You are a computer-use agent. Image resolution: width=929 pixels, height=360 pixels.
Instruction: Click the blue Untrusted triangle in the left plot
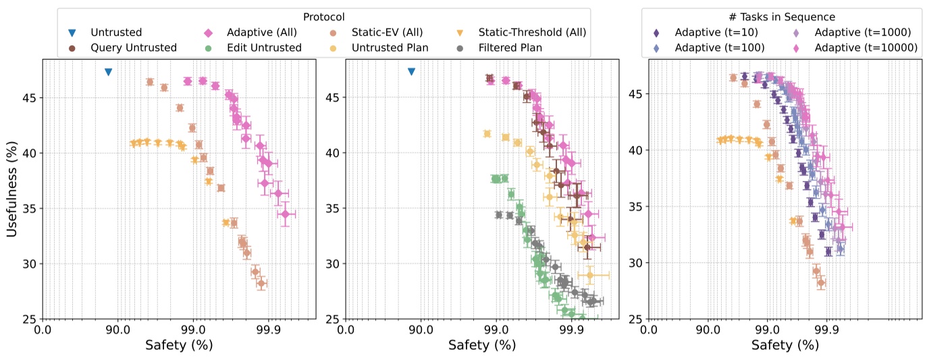(x=108, y=72)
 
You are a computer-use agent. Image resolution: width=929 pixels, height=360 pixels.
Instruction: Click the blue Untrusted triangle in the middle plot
(x=411, y=72)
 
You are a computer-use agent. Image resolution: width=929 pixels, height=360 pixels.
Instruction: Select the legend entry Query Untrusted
(x=124, y=48)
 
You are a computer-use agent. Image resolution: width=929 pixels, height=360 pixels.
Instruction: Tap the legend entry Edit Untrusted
(x=253, y=48)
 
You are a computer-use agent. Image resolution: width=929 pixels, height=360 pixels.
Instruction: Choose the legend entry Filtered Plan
(x=499, y=48)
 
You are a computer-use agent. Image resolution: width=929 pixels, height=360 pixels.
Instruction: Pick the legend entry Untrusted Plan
(x=379, y=48)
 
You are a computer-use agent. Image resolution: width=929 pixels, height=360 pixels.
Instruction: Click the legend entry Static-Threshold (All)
(x=521, y=32)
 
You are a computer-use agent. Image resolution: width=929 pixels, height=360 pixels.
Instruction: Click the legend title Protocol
(x=324, y=17)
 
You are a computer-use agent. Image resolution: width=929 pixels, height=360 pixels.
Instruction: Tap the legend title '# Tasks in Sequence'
(x=782, y=17)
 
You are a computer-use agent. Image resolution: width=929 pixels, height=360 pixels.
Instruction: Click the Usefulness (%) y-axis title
(x=11, y=189)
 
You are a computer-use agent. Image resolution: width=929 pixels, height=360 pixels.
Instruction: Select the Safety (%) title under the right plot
(x=785, y=345)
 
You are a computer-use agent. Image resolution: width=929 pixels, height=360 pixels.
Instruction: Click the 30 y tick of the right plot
(x=637, y=263)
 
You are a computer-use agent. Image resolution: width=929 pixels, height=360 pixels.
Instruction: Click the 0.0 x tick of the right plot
(x=649, y=330)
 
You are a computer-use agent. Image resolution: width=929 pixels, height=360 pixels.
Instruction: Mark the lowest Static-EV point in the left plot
(x=261, y=284)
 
